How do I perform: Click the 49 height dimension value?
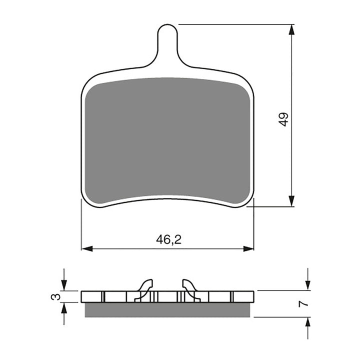(x=284, y=119)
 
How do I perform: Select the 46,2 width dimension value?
(x=168, y=239)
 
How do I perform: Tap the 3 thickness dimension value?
(x=58, y=296)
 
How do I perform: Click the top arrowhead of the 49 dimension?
(x=291, y=29)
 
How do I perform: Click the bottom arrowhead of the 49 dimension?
(x=291, y=201)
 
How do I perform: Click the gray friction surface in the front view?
(x=167, y=140)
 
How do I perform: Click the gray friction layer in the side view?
(x=167, y=310)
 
